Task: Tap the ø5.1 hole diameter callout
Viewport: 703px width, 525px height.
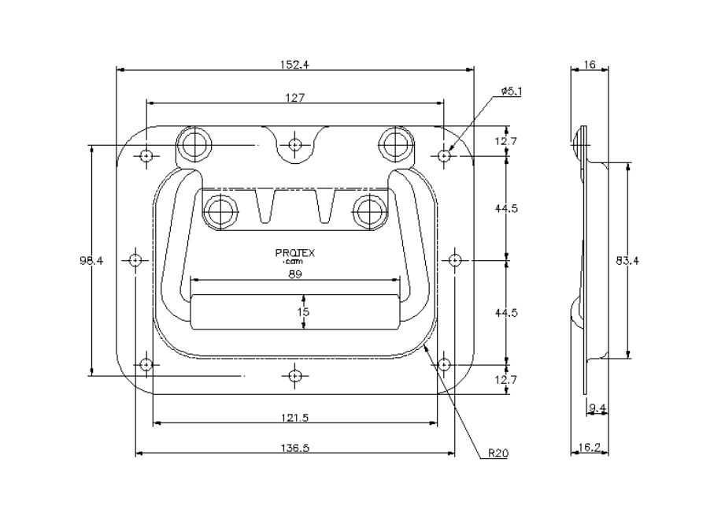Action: (512, 91)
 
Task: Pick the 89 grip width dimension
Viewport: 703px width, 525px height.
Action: (295, 275)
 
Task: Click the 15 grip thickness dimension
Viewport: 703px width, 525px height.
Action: (304, 311)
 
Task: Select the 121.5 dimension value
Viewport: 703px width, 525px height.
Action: (294, 418)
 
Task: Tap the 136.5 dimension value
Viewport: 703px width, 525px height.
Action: (295, 448)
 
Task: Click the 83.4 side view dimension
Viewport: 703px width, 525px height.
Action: (627, 260)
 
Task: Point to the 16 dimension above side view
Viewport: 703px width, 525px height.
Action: (589, 65)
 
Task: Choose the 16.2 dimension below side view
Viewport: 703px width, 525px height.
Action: (589, 447)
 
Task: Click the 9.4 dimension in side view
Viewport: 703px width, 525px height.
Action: (598, 408)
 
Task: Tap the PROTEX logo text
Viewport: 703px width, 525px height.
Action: (295, 254)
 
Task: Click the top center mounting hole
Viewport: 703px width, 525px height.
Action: (295, 145)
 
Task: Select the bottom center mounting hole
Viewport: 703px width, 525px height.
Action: (295, 375)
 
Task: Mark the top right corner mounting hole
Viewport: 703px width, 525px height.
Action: (445, 155)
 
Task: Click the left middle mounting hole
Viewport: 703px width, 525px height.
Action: (136, 259)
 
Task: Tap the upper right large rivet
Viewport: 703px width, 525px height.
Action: (396, 143)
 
